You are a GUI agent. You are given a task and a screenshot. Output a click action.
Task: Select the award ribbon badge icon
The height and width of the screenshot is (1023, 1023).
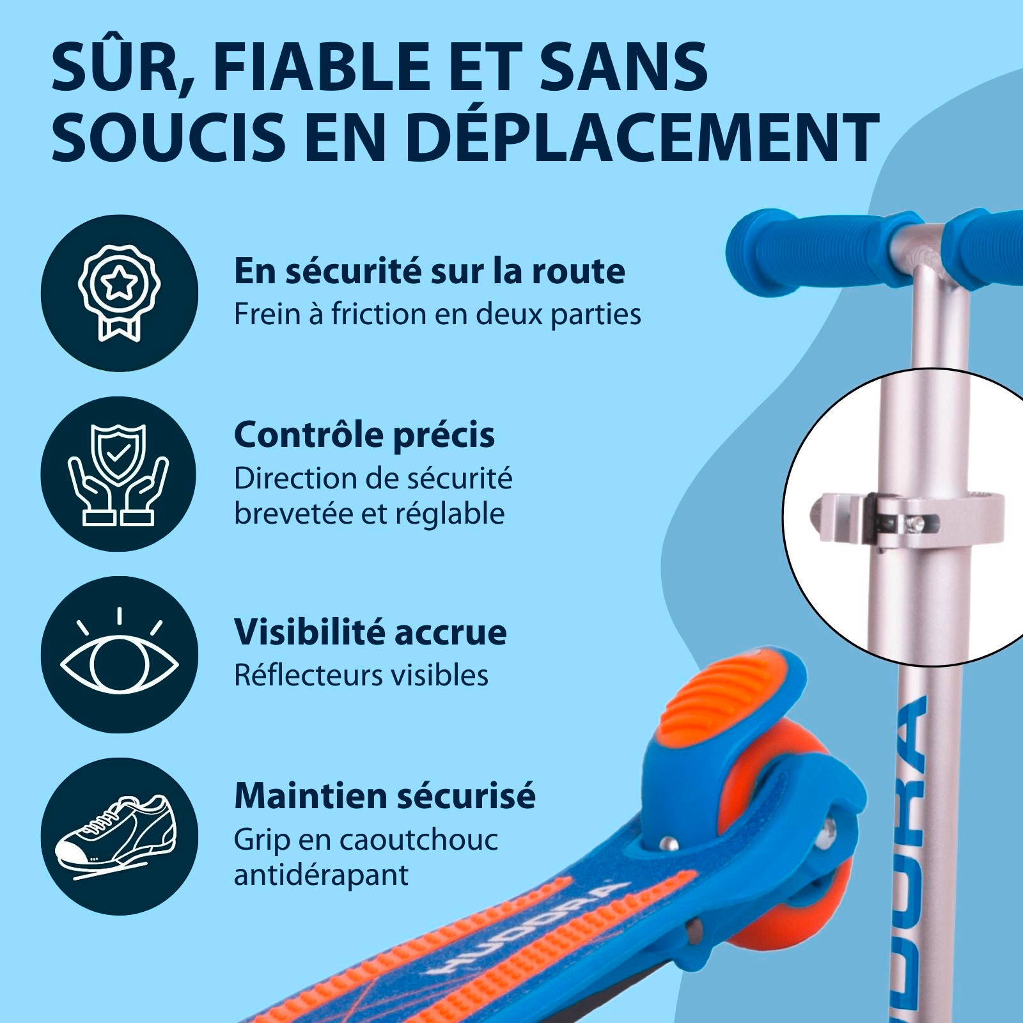click(x=119, y=293)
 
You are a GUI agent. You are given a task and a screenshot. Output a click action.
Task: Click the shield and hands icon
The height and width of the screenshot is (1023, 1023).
click(x=119, y=474)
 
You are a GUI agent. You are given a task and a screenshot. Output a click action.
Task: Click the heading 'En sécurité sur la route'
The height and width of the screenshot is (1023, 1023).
click(x=429, y=271)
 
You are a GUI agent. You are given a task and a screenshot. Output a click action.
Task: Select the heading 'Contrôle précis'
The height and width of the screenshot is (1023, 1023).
click(x=364, y=435)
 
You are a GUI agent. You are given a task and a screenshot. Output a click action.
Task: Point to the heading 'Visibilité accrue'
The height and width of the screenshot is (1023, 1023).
click(x=370, y=632)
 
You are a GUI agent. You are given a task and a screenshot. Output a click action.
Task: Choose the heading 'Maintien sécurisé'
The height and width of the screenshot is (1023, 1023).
click(x=385, y=796)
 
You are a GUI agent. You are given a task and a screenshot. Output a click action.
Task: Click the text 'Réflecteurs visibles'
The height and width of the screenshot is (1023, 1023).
click(x=361, y=675)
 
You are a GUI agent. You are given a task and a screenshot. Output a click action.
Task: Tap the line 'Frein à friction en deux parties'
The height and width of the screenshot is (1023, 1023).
click(x=437, y=315)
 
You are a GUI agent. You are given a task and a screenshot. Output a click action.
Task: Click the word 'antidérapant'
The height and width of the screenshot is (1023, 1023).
click(x=321, y=874)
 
